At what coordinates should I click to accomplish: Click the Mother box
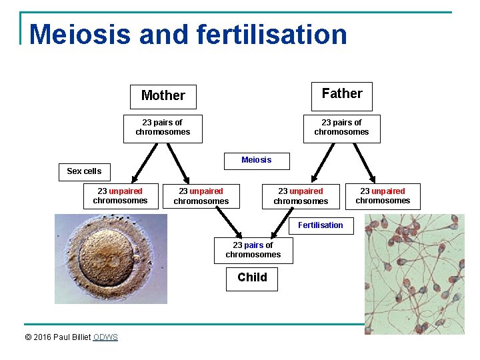pyautogui.click(x=163, y=96)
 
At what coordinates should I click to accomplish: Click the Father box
pyautogui.click(x=341, y=95)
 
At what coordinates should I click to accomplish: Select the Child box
pyautogui.click(x=252, y=278)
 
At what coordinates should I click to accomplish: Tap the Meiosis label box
pyautogui.click(x=256, y=160)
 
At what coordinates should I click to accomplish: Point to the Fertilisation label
pyautogui.click(x=320, y=225)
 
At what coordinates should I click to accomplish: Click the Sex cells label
pyautogui.click(x=84, y=171)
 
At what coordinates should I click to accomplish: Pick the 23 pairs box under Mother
pyautogui.click(x=163, y=127)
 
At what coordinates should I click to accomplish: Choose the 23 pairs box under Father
pyautogui.click(x=341, y=127)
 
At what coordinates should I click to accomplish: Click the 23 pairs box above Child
pyautogui.click(x=253, y=250)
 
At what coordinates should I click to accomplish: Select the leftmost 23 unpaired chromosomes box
pyautogui.click(x=120, y=196)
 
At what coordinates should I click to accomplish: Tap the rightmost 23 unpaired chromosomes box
pyautogui.click(x=383, y=196)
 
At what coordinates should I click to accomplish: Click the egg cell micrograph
pyautogui.click(x=111, y=259)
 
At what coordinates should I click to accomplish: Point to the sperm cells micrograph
pyautogui.click(x=414, y=273)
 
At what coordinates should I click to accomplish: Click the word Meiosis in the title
pyautogui.click(x=79, y=35)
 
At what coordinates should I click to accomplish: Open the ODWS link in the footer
pyautogui.click(x=105, y=337)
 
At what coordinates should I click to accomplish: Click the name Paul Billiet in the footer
pyautogui.click(x=73, y=337)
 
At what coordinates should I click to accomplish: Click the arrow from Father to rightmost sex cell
pyautogui.click(x=363, y=161)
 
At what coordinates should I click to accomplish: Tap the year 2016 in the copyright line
pyautogui.click(x=43, y=337)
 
